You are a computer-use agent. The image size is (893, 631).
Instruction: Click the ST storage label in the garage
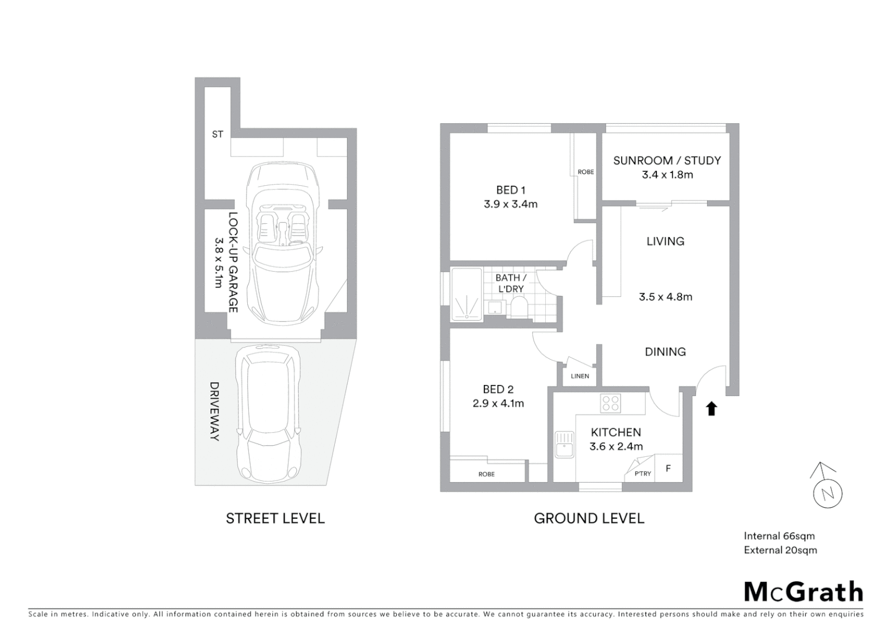217,134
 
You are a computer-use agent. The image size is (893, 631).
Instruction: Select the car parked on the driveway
268,413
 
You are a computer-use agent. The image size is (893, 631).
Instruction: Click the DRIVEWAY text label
214,411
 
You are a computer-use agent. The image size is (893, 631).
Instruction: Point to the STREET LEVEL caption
275,518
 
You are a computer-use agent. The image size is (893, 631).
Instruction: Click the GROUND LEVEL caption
589,518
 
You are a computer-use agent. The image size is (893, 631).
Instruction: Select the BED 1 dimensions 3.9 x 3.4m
510,204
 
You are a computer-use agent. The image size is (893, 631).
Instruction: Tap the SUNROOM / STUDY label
666,161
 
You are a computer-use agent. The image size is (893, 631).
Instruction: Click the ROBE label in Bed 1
586,172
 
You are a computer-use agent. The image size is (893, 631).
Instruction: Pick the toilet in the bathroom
518,306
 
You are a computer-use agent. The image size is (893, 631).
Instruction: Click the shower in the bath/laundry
466,294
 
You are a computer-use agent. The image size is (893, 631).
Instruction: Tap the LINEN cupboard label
580,376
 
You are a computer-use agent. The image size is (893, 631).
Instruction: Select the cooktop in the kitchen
610,404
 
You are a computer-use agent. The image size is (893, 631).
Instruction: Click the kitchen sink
565,445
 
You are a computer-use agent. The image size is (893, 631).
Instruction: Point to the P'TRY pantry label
642,473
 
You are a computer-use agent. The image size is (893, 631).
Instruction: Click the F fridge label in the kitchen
669,469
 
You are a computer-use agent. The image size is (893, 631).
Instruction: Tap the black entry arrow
711,408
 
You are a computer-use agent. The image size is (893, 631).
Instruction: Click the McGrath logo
803,592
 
